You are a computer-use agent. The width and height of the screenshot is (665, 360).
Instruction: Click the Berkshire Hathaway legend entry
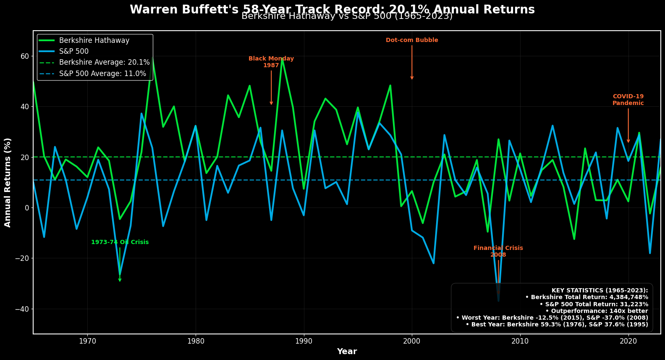(94, 40)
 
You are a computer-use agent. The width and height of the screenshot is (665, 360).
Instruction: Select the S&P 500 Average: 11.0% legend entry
(102, 74)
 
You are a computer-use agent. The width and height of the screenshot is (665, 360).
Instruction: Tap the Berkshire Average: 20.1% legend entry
(104, 62)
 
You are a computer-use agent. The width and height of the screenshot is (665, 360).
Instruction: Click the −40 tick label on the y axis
(22, 309)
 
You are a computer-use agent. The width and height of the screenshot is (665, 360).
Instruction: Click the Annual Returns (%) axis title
(8, 182)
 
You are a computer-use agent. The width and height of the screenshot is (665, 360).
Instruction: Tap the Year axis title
(347, 352)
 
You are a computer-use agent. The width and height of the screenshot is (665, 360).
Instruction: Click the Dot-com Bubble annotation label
(412, 40)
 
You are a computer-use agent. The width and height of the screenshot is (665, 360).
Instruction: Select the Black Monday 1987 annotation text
(271, 62)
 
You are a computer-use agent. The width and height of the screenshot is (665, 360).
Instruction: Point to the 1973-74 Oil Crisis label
(120, 242)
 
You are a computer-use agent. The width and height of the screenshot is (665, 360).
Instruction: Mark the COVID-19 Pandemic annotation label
(628, 100)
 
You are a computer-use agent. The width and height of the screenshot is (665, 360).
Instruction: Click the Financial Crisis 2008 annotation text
(498, 251)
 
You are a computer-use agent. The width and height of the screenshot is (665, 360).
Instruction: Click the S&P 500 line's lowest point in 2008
(498, 301)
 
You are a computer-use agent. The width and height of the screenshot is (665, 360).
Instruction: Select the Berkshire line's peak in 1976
(152, 58)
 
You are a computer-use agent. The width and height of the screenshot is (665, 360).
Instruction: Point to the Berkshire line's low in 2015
(574, 239)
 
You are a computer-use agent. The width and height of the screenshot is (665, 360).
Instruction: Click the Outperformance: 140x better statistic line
(597, 311)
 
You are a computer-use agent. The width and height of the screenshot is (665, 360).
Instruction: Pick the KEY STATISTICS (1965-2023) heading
(600, 290)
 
